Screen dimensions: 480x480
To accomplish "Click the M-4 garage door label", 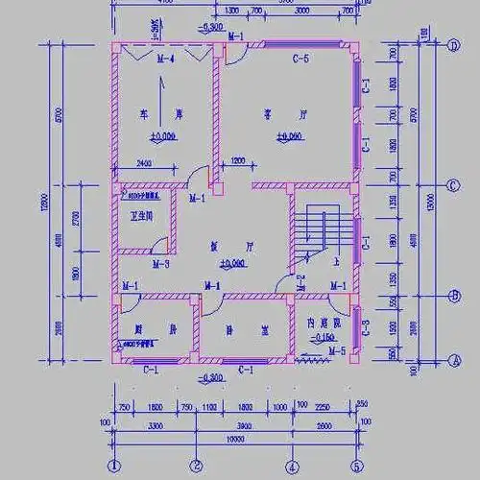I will tap(164, 60).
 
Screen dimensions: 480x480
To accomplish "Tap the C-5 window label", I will tap(300, 60).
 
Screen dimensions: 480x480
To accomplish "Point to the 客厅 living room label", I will tap(275, 114).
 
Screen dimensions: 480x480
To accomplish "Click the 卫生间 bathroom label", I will tap(142, 215).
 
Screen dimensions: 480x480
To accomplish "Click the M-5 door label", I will tap(336, 351).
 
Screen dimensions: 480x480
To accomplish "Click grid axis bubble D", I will tap(453, 45).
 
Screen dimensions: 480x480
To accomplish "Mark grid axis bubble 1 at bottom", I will tap(114, 468).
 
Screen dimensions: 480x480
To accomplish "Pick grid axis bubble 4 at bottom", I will tap(292, 468).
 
